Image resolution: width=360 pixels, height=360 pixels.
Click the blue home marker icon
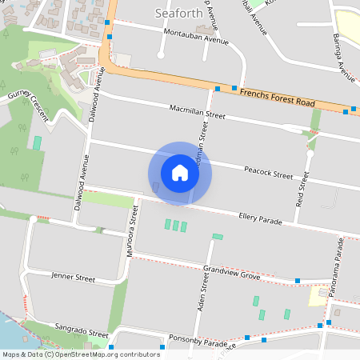click(x=180, y=173)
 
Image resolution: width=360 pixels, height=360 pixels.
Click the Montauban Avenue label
click(x=190, y=39)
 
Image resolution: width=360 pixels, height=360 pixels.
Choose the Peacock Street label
click(x=269, y=173)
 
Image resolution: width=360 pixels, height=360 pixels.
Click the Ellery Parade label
click(x=261, y=218)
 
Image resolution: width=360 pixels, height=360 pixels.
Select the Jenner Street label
click(x=73, y=278)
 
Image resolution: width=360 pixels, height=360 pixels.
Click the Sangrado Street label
click(x=82, y=330)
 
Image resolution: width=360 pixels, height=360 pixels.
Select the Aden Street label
click(x=203, y=290)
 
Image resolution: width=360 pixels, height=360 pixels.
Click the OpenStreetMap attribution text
click(x=80, y=354)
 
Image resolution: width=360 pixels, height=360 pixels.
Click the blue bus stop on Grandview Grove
click(x=297, y=281)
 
